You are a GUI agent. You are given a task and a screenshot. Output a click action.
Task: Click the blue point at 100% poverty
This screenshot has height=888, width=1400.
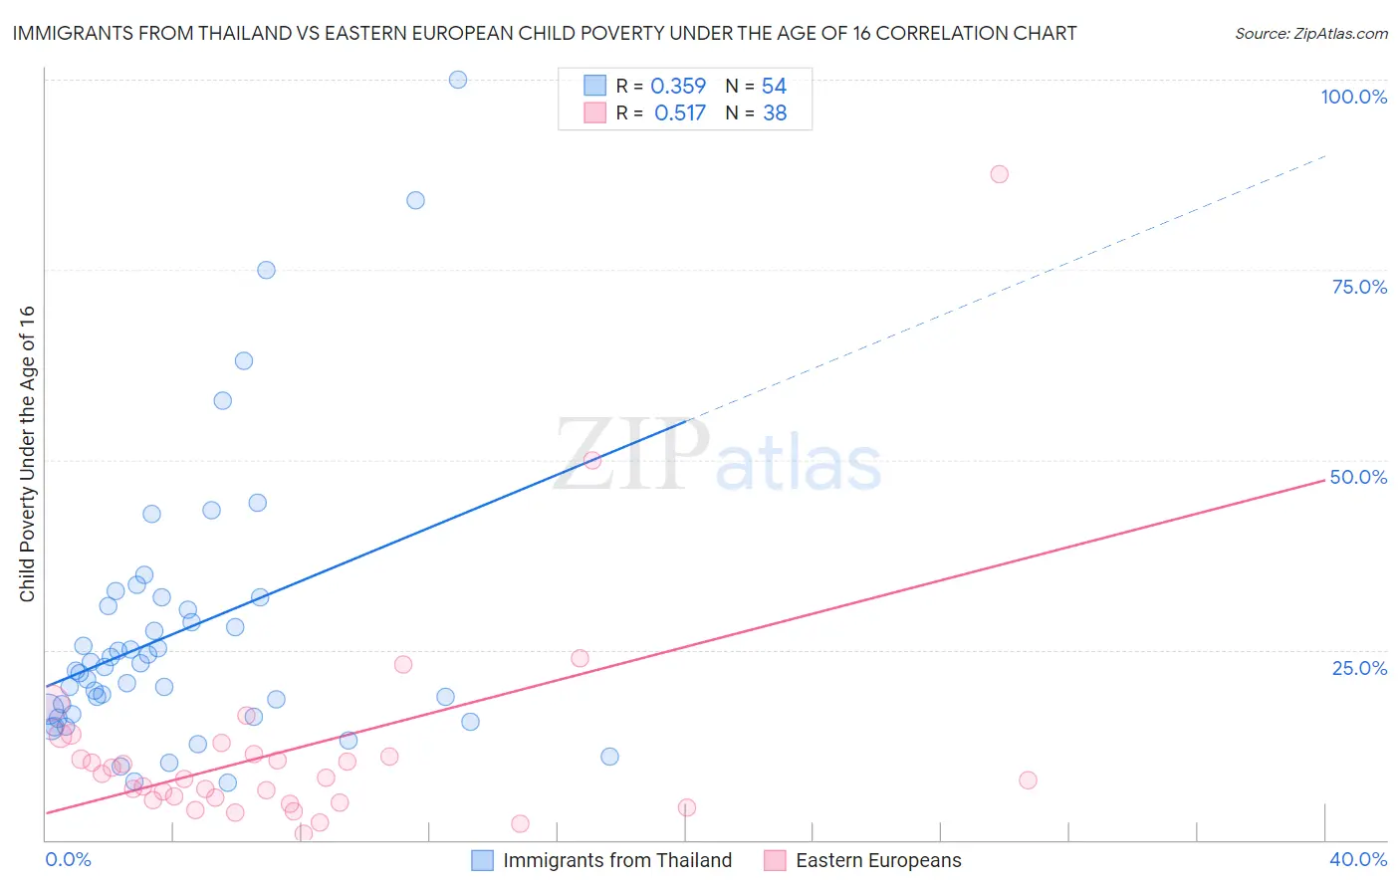[x=458, y=80]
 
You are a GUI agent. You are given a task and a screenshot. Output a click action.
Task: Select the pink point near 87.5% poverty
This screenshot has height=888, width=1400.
[x=999, y=174]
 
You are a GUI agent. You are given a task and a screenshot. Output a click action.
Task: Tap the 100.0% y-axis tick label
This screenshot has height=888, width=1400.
[x=1353, y=98]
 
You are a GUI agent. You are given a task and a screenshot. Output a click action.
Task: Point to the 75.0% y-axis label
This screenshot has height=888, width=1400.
[x=1359, y=287]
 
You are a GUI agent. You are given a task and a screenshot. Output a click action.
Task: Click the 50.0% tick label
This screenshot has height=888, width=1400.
[x=1358, y=477]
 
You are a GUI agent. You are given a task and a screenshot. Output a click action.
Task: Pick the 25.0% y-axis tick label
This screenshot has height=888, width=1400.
[x=1359, y=668]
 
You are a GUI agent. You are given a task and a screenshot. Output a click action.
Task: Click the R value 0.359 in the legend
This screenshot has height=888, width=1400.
[x=678, y=87]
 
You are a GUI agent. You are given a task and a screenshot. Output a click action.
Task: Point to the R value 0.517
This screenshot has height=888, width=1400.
[x=680, y=113]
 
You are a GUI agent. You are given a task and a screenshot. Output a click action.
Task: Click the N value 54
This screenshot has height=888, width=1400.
[x=774, y=87]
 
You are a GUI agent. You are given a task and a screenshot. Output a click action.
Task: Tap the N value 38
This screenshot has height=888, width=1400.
[x=775, y=113]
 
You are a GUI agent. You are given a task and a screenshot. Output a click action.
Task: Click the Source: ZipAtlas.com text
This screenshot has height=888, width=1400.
[x=1310, y=34]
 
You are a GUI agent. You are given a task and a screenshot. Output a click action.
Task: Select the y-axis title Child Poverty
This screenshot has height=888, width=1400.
[x=28, y=453]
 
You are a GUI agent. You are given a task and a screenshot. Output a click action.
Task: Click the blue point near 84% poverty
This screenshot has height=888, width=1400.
[x=415, y=200]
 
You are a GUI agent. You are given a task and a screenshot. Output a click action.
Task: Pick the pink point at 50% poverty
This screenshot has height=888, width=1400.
[x=592, y=460]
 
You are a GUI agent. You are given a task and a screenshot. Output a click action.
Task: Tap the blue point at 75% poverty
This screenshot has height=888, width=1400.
[x=266, y=270]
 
